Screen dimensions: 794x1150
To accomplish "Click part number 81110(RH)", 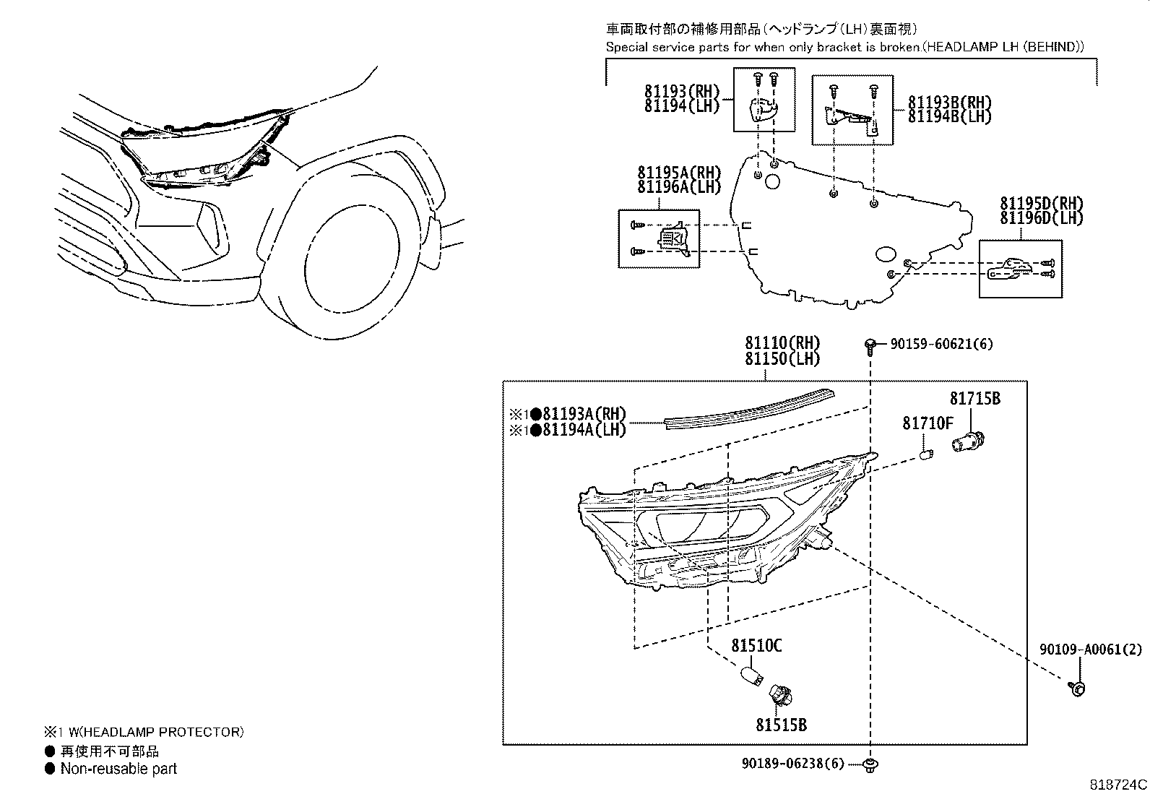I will (784, 342).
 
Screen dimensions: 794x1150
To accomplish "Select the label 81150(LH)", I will (784, 358).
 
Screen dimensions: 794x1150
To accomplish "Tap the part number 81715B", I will (974, 399).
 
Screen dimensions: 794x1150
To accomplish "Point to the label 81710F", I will (928, 423).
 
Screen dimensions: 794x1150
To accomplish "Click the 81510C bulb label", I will (756, 645).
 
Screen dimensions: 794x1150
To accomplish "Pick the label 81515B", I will (781, 724).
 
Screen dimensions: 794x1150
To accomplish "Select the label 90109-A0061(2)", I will (1091, 650).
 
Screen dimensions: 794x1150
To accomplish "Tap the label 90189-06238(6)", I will (792, 763).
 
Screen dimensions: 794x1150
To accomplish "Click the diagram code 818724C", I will (1118, 784).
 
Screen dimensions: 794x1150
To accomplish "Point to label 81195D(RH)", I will (1042, 204).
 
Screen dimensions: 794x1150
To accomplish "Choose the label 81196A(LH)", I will (679, 187).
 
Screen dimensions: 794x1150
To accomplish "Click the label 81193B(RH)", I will (949, 103).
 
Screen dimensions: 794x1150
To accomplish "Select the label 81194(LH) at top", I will (683, 105).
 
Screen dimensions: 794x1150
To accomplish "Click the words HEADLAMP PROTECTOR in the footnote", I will (173, 732).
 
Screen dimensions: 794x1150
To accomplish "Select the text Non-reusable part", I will (118, 769).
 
